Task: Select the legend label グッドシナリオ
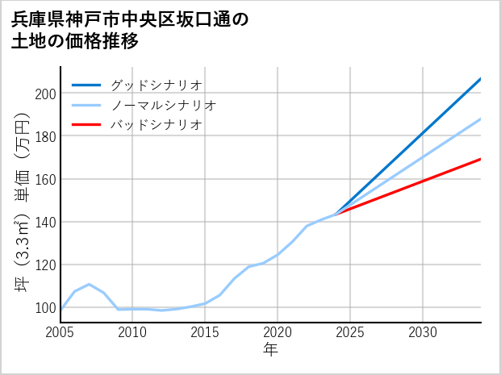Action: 156,85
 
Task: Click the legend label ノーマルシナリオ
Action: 163,105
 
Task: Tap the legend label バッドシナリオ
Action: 156,125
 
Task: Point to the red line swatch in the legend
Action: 86,125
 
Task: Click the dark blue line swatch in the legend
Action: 86,85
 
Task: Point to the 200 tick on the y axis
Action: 44,94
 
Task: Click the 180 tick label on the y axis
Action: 44,136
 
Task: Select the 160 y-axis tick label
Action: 44,179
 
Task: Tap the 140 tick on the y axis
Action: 44,222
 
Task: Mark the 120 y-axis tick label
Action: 44,265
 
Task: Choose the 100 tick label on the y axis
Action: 44,307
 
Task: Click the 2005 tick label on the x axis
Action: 61,332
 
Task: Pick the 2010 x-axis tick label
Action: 133,332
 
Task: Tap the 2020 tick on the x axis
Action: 278,332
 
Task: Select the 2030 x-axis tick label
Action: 423,332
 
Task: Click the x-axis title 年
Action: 270,350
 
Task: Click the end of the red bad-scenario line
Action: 480,159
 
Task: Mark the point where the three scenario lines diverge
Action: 336,214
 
